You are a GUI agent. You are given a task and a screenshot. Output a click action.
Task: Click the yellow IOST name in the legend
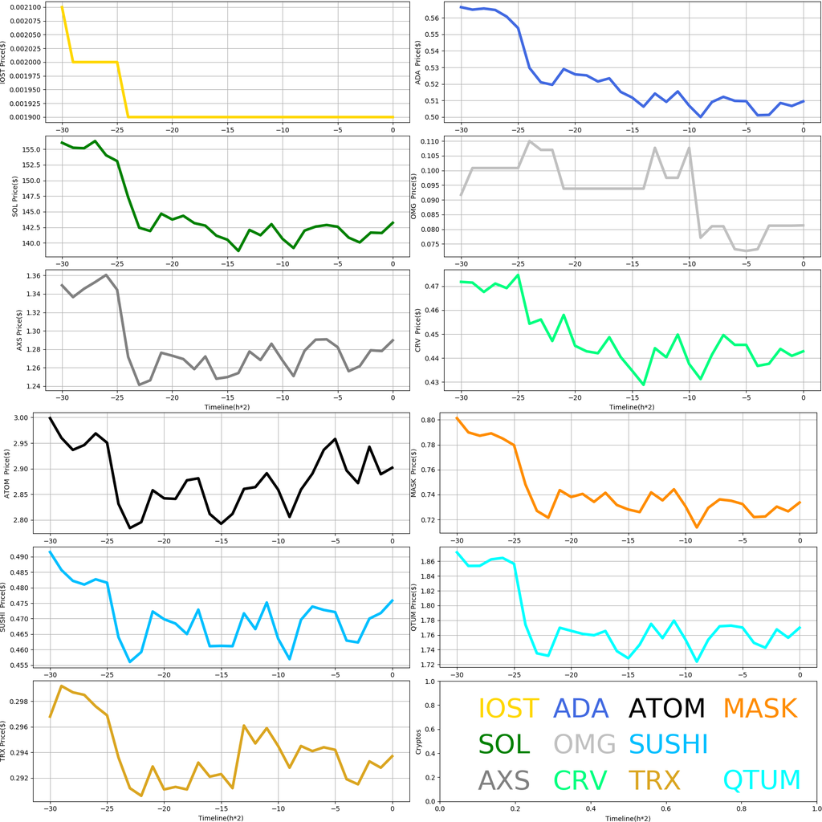[x=508, y=709]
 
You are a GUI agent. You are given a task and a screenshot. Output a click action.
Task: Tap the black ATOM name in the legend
[x=666, y=709]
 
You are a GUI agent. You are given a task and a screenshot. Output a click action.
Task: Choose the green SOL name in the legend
[x=504, y=744]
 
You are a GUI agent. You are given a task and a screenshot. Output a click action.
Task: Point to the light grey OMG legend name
[x=584, y=744]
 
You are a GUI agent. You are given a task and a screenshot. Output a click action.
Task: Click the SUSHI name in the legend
[x=668, y=744]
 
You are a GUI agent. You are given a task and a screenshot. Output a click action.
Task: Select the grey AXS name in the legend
[x=504, y=780]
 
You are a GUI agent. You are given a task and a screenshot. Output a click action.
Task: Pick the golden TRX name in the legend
[x=654, y=780]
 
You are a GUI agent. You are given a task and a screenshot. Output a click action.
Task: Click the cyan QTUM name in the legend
[x=762, y=780]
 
